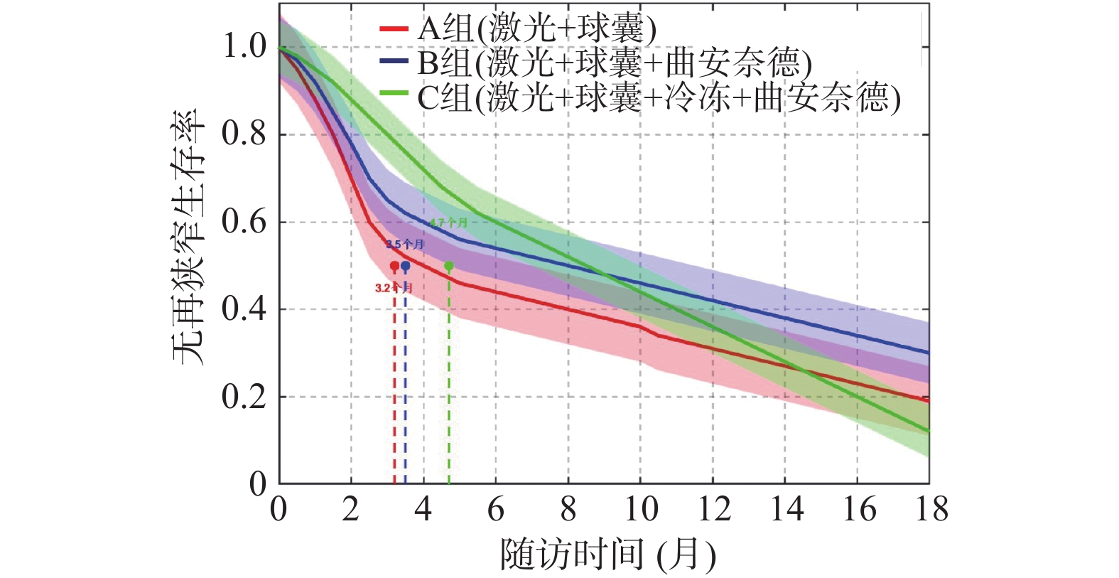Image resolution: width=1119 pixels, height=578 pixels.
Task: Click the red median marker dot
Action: (394, 266)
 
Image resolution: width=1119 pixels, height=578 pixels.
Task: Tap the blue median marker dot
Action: (405, 266)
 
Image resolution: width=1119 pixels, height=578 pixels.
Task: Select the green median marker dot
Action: (449, 266)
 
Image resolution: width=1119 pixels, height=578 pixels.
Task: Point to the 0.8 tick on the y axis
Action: (244, 134)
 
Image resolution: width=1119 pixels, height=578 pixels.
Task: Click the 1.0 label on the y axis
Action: (244, 47)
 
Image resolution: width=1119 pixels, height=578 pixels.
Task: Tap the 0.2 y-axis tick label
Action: (244, 397)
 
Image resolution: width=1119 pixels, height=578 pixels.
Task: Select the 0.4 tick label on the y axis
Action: (244, 309)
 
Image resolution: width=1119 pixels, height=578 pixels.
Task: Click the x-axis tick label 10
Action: (640, 510)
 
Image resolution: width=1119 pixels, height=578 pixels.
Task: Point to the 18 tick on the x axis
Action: (929, 510)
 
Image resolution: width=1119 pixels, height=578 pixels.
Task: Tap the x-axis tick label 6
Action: (496, 510)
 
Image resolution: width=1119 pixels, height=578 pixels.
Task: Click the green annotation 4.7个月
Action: (449, 223)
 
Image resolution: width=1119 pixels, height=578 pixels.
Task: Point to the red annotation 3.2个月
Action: (394, 288)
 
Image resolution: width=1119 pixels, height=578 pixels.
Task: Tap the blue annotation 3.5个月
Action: (405, 245)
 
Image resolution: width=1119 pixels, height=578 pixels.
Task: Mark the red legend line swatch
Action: (394, 29)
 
